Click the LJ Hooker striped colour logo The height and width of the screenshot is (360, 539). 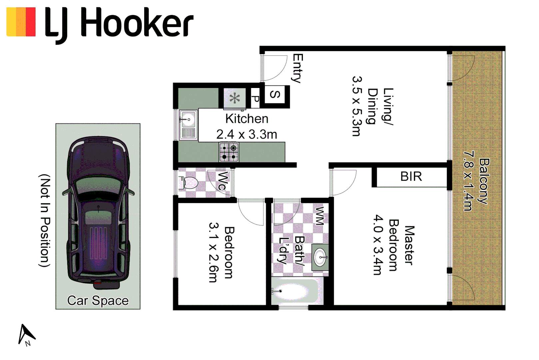click(21, 22)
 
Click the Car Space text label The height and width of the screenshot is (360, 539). click(98, 301)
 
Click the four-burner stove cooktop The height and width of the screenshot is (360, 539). click(229, 152)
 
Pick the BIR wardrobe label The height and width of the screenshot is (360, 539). click(411, 176)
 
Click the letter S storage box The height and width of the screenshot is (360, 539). click(274, 95)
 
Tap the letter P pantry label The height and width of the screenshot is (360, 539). click(255, 98)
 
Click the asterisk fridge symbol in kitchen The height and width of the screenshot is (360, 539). click(235, 98)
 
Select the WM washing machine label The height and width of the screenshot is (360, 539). click(319, 216)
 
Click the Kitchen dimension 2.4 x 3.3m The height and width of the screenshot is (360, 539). click(247, 135)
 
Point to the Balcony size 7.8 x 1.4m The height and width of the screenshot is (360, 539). click(468, 181)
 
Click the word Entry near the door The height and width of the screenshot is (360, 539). click(297, 68)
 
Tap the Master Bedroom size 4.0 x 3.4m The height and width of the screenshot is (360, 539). click(377, 245)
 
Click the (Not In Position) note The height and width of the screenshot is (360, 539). click(45, 220)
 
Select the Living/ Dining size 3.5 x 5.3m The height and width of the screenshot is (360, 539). click(356, 106)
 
